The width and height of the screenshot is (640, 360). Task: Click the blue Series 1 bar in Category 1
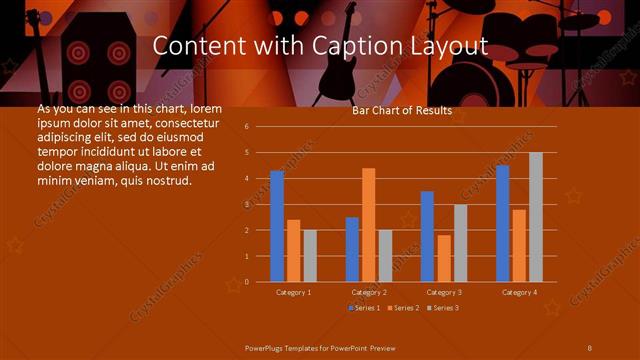tap(277, 226)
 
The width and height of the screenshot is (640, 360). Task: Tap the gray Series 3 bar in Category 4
tap(535, 216)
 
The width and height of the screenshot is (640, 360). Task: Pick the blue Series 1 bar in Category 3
tap(427, 236)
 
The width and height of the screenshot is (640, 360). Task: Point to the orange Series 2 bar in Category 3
tap(443, 258)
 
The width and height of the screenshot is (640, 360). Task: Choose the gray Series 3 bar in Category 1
tap(310, 255)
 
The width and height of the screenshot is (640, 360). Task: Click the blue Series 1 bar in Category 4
tap(502, 223)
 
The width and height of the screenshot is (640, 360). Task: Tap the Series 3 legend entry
tap(444, 307)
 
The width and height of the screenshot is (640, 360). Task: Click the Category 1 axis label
tap(293, 292)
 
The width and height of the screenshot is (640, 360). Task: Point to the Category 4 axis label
tap(518, 292)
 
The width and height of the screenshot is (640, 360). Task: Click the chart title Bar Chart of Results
tap(402, 111)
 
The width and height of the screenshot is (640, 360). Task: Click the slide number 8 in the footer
tap(590, 346)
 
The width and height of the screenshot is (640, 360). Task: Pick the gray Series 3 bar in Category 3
tap(460, 242)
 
